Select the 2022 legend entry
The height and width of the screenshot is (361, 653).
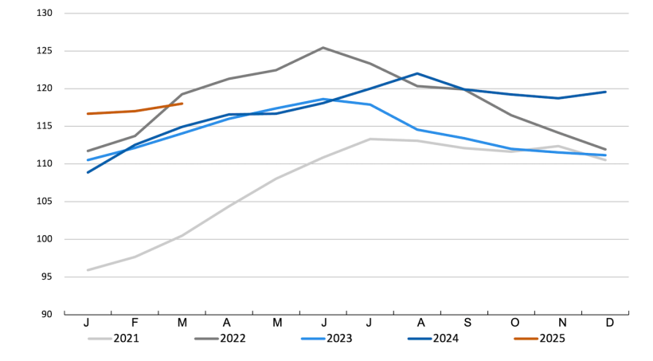click(232, 338)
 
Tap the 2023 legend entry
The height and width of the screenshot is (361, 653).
click(339, 338)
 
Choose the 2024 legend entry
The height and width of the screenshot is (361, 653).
click(446, 338)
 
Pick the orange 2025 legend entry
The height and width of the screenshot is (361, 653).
click(553, 338)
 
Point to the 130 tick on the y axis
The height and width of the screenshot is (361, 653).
click(45, 14)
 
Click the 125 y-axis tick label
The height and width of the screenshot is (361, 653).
click(45, 51)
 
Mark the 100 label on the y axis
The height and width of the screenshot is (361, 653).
click(45, 239)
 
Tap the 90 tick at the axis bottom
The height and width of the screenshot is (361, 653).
click(47, 314)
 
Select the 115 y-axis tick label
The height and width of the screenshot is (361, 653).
click(45, 126)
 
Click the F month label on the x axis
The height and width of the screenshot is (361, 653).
click(135, 324)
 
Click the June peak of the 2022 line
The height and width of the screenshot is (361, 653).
click(323, 48)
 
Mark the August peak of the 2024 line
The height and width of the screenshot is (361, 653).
click(417, 73)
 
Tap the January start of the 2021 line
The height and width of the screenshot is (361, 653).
click(88, 270)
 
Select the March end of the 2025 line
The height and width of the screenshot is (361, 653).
click(182, 104)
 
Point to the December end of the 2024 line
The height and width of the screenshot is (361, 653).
click(605, 92)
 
